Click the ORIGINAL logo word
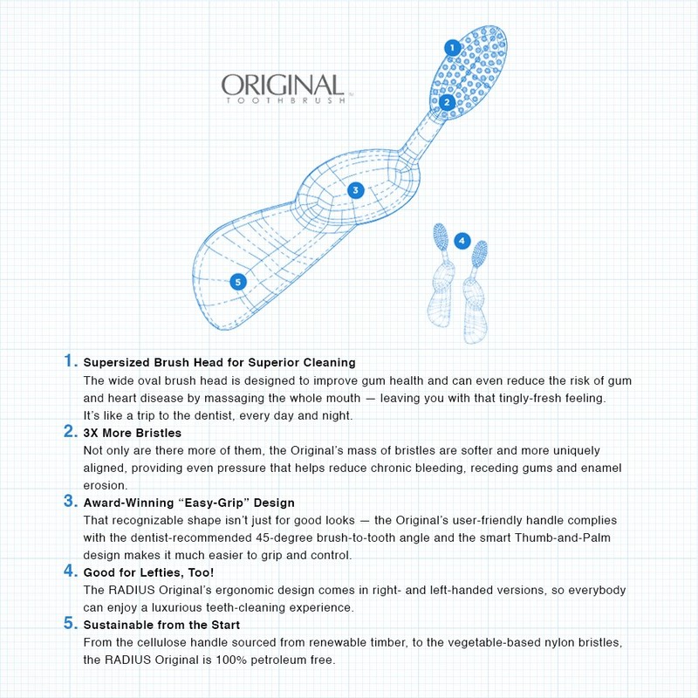282,85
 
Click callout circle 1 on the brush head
452,48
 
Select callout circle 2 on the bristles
446,102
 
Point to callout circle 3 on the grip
355,190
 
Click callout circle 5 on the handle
237,281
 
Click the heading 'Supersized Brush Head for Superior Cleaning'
219,362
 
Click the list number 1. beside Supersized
70,361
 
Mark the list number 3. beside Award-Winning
70,502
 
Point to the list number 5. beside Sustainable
70,624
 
